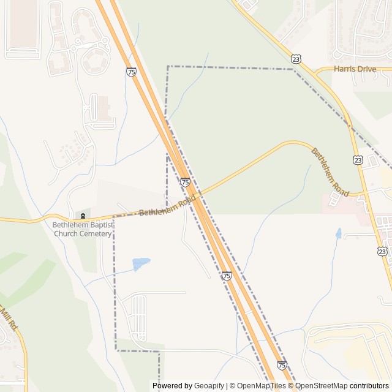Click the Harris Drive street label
[355, 69]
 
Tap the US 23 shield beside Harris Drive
[296, 59]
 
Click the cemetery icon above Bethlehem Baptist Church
[83, 216]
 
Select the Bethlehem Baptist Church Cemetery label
[83, 229]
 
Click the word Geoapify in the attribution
[209, 386]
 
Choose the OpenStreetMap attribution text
[322, 386]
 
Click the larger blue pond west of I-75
[141, 264]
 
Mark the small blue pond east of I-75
[338, 233]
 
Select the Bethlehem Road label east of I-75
[330, 172]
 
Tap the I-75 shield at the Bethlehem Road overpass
[185, 182]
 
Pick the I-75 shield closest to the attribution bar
[281, 364]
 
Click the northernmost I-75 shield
[131, 72]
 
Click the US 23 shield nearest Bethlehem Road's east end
[358, 159]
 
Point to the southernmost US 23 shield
[383, 251]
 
